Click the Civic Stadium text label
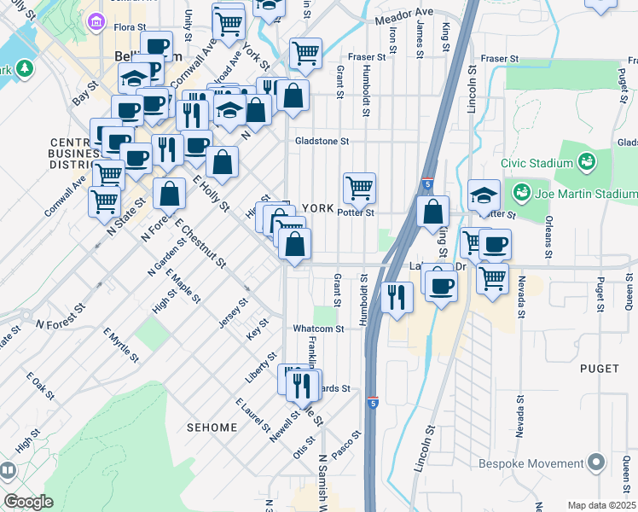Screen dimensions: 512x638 (536, 163)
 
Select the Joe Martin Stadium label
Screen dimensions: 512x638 (586, 194)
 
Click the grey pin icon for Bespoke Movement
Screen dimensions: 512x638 (595, 463)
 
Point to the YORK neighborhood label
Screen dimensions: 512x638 (317, 208)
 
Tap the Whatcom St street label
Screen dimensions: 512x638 (318, 328)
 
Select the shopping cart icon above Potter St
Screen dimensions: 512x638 (360, 189)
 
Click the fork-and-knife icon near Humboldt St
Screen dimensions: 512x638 (397, 295)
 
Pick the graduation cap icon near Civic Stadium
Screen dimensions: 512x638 (484, 195)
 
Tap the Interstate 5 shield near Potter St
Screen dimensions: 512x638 (426, 183)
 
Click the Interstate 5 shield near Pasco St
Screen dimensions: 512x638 (373, 401)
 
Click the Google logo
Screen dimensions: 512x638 (29, 502)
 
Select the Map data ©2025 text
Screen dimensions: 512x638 (601, 505)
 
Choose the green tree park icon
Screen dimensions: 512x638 (24, 67)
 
